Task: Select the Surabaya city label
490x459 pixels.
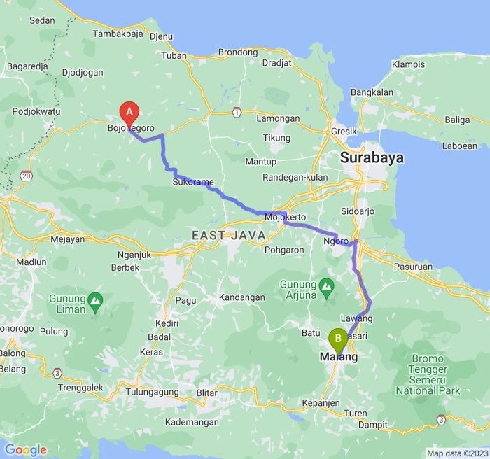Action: point(372,158)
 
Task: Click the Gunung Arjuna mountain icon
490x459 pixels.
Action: point(326,285)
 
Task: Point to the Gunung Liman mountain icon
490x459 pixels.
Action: point(96,303)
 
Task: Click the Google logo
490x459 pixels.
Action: point(25,450)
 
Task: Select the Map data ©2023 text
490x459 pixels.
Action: point(456,453)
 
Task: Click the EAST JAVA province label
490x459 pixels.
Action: point(229,235)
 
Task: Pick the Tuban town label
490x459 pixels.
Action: point(174,55)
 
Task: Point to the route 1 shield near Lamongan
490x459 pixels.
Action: point(237,112)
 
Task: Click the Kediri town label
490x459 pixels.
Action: point(167,323)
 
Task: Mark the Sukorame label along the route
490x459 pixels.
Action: point(192,183)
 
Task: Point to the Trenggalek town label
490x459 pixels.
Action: point(80,387)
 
